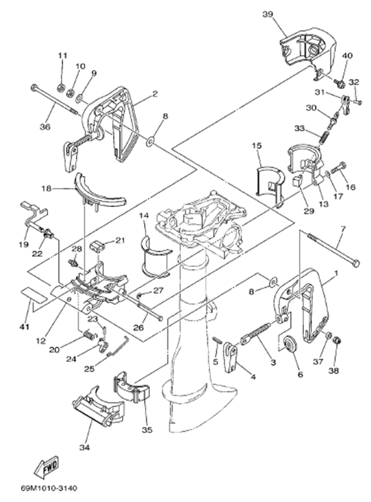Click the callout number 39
click(268, 14)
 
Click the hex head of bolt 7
click(356, 264)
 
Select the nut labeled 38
click(337, 340)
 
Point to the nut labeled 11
click(61, 88)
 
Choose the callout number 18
click(47, 188)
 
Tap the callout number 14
click(143, 217)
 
